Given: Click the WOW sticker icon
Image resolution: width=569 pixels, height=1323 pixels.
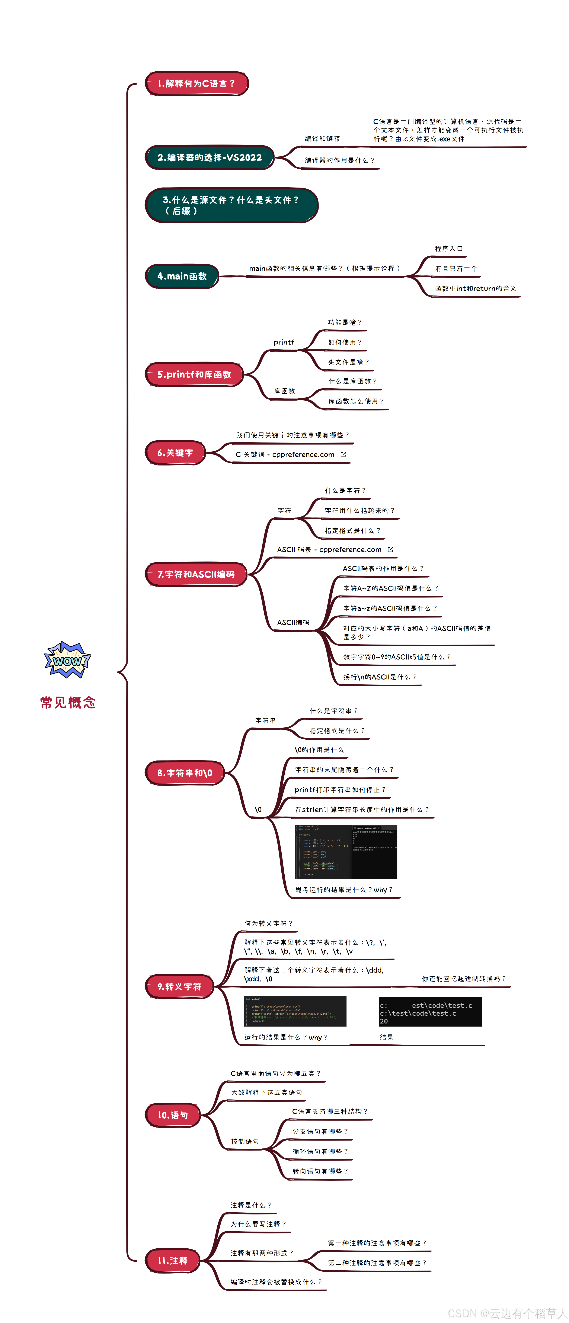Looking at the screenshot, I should pyautogui.click(x=67, y=660).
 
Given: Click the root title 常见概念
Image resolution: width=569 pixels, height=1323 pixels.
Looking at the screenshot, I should pyautogui.click(x=68, y=703).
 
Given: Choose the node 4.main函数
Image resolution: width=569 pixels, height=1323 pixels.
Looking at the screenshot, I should pyautogui.click(x=182, y=276).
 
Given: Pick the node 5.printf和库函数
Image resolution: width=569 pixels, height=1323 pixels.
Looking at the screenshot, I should pyautogui.click(x=194, y=374).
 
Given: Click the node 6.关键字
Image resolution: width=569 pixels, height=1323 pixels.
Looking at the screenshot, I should pyautogui.click(x=175, y=453).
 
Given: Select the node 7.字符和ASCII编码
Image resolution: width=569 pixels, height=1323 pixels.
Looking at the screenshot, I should pyautogui.click(x=196, y=574).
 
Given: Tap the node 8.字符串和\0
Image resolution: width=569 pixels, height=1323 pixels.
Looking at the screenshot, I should pyautogui.click(x=185, y=773).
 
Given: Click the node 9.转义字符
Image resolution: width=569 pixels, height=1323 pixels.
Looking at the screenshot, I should pyautogui.click(x=179, y=987).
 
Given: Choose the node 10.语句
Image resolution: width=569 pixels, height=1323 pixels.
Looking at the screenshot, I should pyautogui.click(x=173, y=1115).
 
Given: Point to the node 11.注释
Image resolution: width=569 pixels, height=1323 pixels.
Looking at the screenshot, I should pyautogui.click(x=173, y=1261).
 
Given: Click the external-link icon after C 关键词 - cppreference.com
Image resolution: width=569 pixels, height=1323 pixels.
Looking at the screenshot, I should pyautogui.click(x=343, y=454).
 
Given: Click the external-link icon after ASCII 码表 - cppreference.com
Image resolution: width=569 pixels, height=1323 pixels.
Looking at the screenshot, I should pyautogui.click(x=391, y=549).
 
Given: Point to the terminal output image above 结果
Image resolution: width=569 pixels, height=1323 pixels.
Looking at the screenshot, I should pyautogui.click(x=430, y=1012).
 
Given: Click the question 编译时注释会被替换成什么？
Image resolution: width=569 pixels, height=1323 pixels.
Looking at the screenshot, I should pyautogui.click(x=276, y=1282).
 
